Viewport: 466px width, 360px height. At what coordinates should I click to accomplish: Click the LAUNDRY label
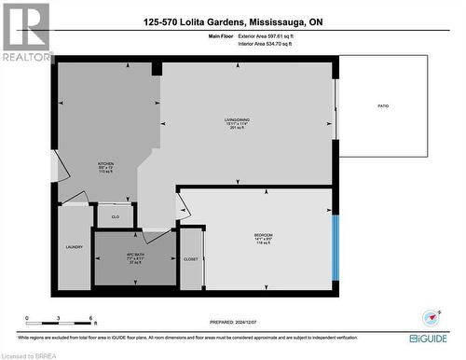pos(75,248)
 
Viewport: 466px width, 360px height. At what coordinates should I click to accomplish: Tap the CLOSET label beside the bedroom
pos(191,258)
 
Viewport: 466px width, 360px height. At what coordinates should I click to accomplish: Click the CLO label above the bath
pos(116,217)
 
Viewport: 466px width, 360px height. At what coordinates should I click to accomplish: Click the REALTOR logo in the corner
pos(26,33)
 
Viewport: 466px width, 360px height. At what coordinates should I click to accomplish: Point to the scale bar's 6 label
pos(90,318)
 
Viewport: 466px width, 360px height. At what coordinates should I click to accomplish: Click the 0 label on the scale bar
pos(27,318)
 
